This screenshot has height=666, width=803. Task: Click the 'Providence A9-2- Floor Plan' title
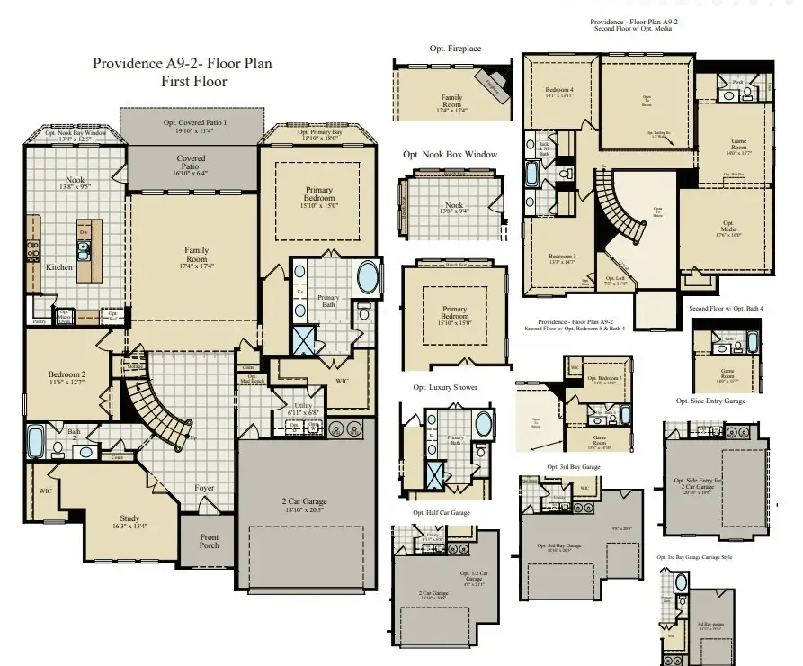182,64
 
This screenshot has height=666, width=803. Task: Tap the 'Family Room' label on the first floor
196,256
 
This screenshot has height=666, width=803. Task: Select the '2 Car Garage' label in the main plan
307,502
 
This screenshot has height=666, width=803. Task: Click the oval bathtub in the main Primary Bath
369,277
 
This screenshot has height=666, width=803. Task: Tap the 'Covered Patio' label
190,162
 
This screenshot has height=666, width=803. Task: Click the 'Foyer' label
205,488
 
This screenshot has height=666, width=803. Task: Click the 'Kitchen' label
59,267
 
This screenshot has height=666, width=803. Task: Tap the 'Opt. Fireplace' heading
455,47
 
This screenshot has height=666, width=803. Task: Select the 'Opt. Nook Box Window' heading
450,155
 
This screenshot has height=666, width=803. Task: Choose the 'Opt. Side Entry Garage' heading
710,400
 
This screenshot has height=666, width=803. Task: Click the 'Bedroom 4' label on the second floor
559,90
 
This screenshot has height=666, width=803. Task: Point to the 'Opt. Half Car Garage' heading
441,513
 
